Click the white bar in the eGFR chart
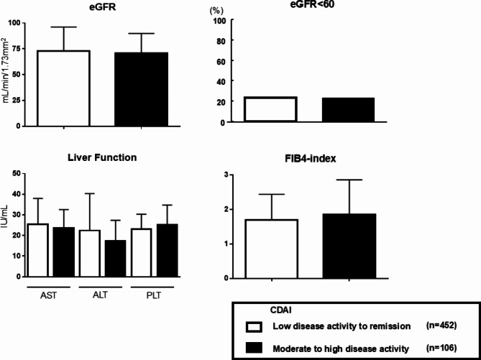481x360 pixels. pyautogui.click(x=63, y=88)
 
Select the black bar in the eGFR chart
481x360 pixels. pyautogui.click(x=141, y=89)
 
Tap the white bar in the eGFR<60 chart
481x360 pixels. pyautogui.click(x=270, y=109)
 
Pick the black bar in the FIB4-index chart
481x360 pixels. pyautogui.click(x=349, y=246)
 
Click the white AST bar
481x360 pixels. pyautogui.click(x=38, y=250)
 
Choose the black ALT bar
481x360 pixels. pyautogui.click(x=115, y=258)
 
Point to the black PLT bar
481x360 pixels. pyautogui.click(x=167, y=250)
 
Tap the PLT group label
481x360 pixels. pyautogui.click(x=153, y=296)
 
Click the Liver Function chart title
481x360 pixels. pyautogui.click(x=102, y=157)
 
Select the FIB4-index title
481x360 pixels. pyautogui.click(x=310, y=160)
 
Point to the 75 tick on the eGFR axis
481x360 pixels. pyautogui.click(x=16, y=48)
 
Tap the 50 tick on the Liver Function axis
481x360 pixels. pyautogui.click(x=16, y=173)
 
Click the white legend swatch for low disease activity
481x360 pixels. pyautogui.click(x=253, y=326)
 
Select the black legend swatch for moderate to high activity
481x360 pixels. pyautogui.click(x=253, y=347)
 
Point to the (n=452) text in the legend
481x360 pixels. pyautogui.click(x=441, y=325)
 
